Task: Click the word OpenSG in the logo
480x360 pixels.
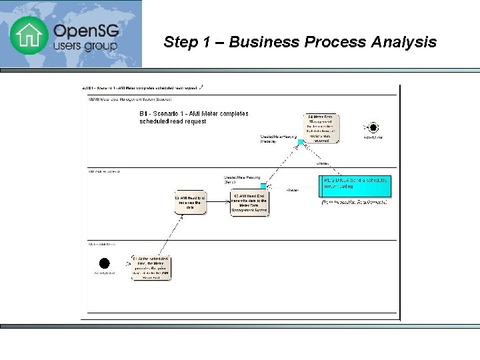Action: (x=84, y=31)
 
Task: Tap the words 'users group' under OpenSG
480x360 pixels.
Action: (x=85, y=47)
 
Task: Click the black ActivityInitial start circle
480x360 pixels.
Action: (x=104, y=263)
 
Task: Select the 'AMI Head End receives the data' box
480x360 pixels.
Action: (x=189, y=202)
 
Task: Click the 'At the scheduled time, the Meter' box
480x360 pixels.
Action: (x=150, y=267)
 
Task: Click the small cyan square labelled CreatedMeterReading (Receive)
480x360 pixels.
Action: (x=301, y=141)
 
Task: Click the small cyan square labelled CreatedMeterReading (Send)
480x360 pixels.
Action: (x=263, y=186)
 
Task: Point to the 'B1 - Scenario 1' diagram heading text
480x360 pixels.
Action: (x=193, y=117)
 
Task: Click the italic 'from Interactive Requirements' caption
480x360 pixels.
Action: (x=355, y=201)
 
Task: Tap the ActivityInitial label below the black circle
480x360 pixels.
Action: (x=104, y=273)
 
